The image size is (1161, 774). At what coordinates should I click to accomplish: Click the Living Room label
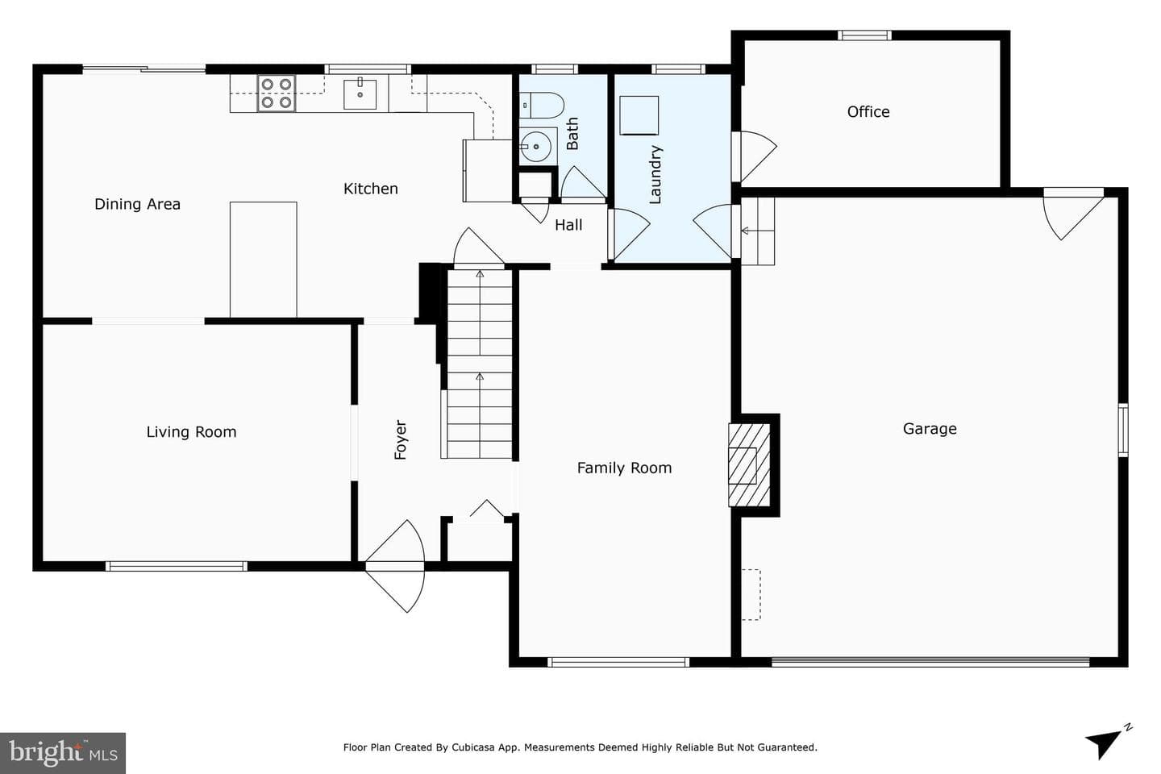tap(191, 432)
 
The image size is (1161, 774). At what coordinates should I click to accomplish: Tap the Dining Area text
tap(137, 204)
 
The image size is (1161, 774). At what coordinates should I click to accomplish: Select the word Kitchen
tap(371, 188)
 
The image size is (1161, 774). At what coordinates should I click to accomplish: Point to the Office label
tap(868, 111)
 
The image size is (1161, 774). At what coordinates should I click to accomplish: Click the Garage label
tap(930, 429)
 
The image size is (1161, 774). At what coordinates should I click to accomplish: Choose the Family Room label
tap(624, 468)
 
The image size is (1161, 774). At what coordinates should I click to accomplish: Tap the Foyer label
tap(400, 439)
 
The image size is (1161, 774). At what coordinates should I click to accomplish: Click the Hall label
tap(568, 225)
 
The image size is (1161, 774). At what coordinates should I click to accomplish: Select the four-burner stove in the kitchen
tap(277, 94)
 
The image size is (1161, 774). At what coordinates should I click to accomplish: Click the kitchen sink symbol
tap(360, 94)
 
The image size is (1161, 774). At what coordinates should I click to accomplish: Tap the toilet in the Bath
tap(542, 106)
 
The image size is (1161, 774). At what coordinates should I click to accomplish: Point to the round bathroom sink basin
tap(535, 147)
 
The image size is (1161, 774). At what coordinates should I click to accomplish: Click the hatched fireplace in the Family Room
tap(749, 465)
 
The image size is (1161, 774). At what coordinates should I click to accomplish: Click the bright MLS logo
tap(63, 753)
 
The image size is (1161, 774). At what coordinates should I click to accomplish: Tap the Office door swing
tap(759, 156)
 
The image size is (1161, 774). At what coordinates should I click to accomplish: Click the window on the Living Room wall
tap(177, 566)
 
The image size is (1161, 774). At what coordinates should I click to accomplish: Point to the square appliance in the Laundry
tap(639, 115)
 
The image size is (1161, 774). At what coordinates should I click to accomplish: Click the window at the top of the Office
tap(864, 35)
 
